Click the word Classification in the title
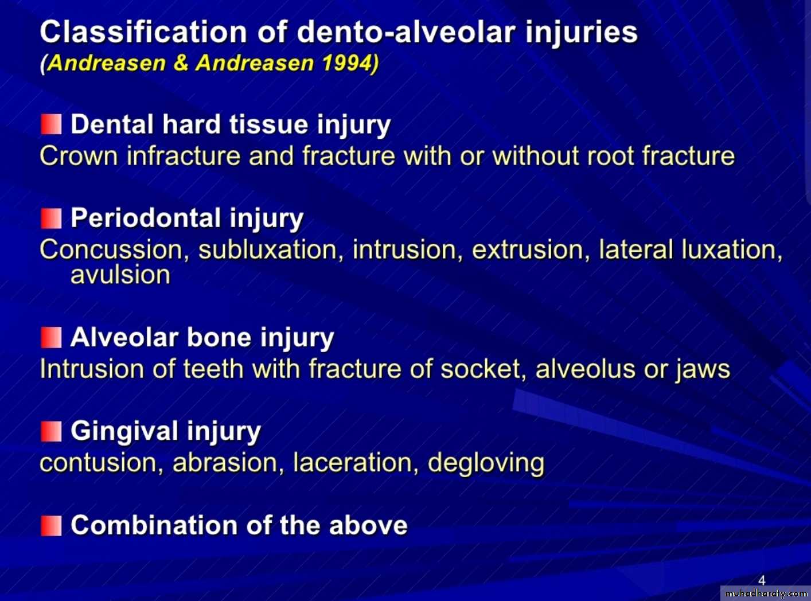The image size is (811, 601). pos(143,32)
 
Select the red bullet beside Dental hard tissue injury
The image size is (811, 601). pos(51,124)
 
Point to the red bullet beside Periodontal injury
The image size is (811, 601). pos(51,218)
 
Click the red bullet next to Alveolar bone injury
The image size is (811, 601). pos(51,337)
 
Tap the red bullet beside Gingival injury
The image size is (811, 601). pos(51,431)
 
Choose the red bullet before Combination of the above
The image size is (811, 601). pos(51,525)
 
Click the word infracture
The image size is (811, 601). pos(184,156)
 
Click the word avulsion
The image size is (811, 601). pos(120,275)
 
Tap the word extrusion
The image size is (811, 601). pos(531,250)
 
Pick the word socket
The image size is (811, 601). pos(483,369)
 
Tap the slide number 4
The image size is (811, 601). pos(762,580)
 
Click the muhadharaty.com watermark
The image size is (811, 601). pos(766,594)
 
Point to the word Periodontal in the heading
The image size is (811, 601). pos(146,218)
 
